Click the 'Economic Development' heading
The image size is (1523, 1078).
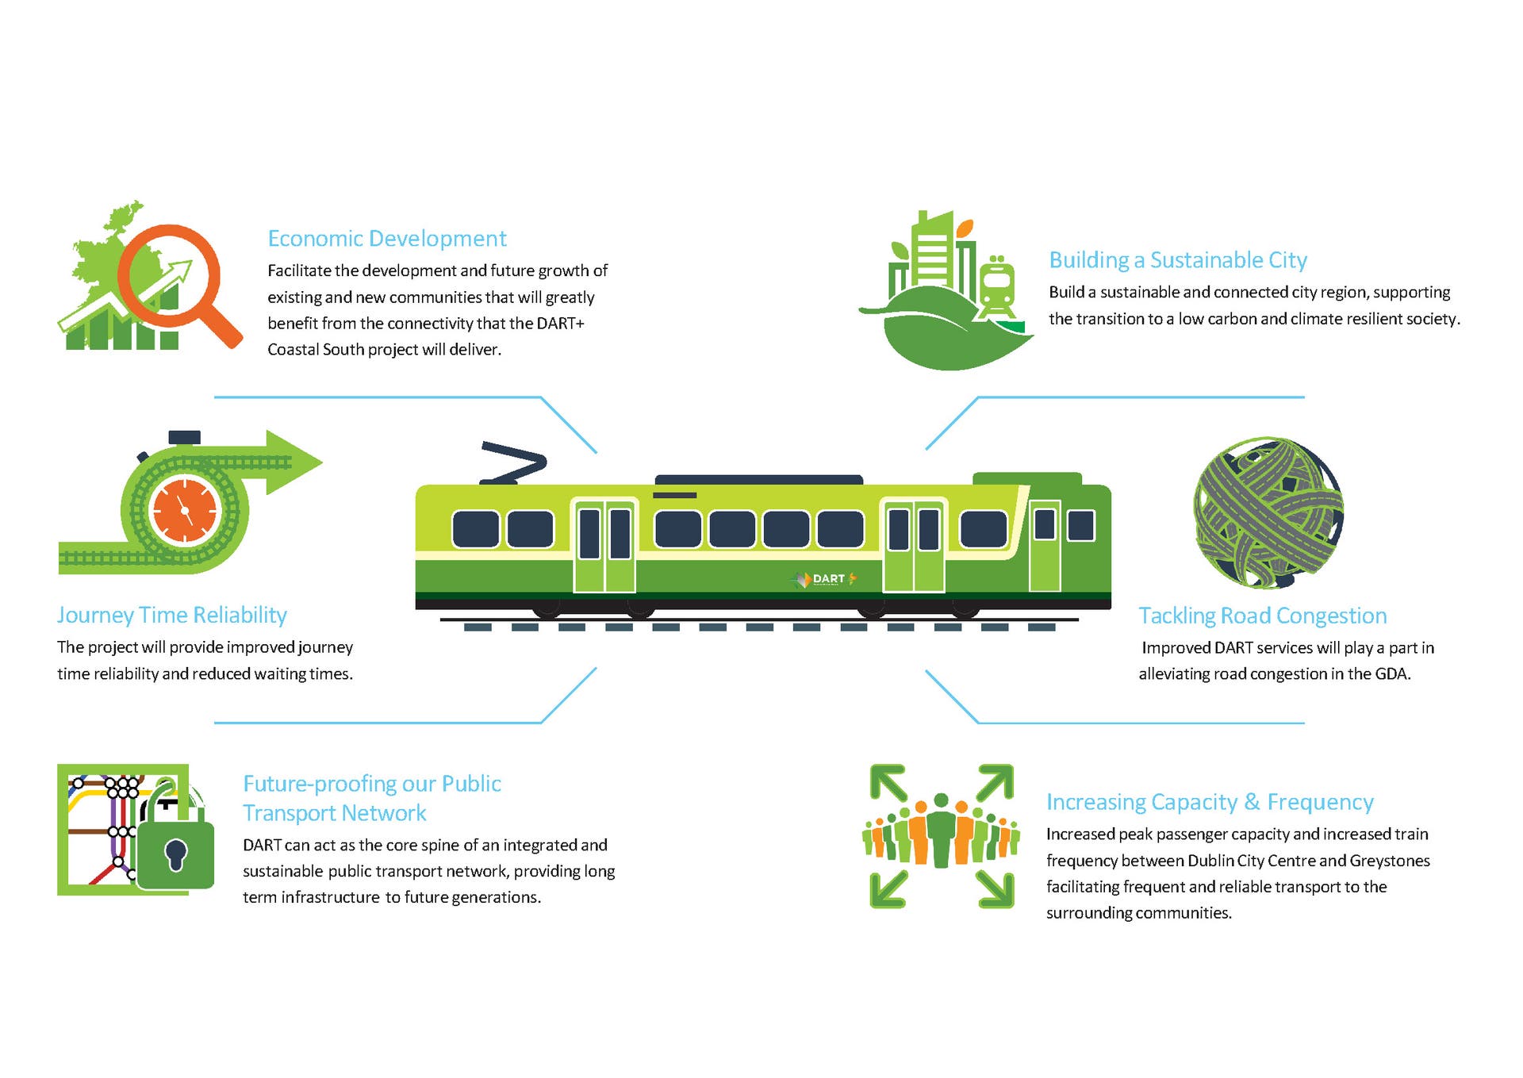[387, 239]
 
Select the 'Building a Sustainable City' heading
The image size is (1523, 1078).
[1178, 260]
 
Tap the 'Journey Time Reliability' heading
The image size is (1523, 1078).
[171, 616]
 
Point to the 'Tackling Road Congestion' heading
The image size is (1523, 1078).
[1262, 616]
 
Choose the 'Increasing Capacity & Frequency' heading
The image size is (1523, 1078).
[1210, 803]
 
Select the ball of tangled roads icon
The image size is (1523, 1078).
[1268, 512]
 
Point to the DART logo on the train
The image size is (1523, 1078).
[826, 579]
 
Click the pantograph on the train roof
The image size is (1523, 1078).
[513, 462]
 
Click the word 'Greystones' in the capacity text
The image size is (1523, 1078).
[1390, 861]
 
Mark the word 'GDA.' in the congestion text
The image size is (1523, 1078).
[1393, 674]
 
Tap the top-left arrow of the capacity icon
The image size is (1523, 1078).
[888, 782]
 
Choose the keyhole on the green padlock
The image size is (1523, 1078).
[175, 854]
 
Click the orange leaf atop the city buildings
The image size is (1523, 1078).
[965, 228]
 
